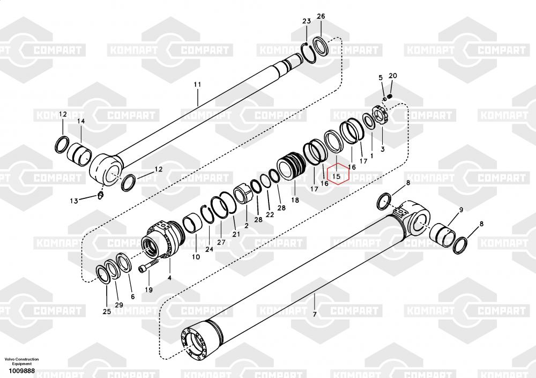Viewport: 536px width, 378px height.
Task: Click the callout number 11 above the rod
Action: click(197, 85)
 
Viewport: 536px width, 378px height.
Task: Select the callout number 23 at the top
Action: click(306, 21)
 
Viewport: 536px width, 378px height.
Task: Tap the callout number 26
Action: click(321, 17)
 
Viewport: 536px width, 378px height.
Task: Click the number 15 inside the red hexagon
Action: click(337, 175)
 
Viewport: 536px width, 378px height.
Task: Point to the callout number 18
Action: click(295, 200)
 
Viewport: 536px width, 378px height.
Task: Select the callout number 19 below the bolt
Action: click(148, 290)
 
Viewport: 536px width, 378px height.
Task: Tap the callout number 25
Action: click(107, 312)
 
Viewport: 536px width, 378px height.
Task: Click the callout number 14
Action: click(81, 121)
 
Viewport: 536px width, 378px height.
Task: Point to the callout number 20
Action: click(392, 76)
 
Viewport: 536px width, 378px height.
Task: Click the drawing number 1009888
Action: click(20, 371)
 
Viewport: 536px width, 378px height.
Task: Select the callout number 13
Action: click(74, 201)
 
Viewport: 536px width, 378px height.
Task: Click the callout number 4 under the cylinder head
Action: click(169, 278)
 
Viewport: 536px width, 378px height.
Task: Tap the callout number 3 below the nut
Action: click(382, 148)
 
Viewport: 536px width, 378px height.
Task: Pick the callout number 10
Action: click(196, 257)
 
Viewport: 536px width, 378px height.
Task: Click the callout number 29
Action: click(118, 305)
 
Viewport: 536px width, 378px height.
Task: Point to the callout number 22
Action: click(270, 214)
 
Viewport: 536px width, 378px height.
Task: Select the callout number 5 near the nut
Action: click(381, 78)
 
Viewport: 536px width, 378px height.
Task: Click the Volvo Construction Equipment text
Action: click(21, 361)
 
